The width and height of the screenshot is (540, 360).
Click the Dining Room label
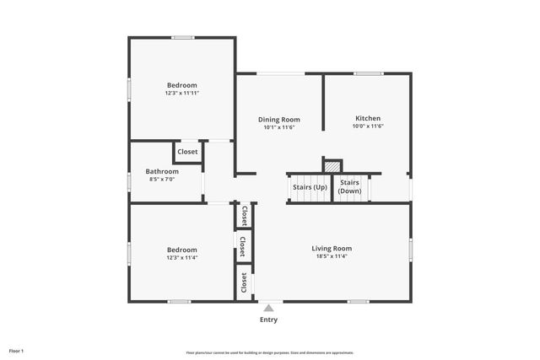278,120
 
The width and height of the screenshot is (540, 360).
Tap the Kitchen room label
368,118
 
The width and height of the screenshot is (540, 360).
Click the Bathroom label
162,171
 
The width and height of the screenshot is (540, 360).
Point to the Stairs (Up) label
310,186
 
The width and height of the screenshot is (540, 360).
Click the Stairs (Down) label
349,186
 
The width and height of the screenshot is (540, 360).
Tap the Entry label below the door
268,320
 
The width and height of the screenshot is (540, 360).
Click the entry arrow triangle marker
268,308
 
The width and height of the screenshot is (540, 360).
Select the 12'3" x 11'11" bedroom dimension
181,93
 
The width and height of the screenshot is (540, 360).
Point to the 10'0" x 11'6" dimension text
368,126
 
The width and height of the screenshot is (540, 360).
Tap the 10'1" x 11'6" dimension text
278,127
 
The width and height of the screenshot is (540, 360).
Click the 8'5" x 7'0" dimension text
162,179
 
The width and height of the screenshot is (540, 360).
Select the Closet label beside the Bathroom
187,152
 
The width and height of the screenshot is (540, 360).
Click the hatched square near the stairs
332,166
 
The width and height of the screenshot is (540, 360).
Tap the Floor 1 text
17,350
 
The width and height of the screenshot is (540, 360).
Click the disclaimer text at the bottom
270,352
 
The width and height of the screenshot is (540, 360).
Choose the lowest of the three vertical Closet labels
245,282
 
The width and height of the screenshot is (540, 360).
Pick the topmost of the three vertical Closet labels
245,215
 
